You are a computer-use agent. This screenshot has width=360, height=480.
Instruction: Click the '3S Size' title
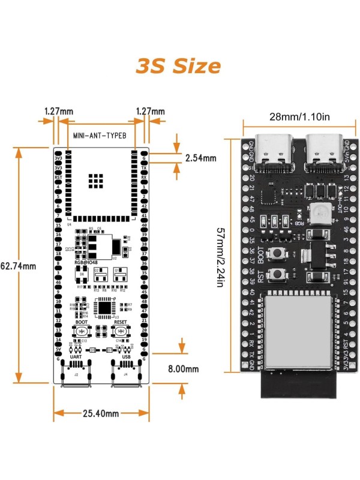click(178, 65)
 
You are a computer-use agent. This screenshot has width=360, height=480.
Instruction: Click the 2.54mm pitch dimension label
click(201, 158)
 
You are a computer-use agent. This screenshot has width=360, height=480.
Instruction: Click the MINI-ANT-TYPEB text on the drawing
click(100, 136)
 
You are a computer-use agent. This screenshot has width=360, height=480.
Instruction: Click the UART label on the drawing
click(76, 356)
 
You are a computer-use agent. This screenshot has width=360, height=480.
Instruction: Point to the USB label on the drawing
click(127, 356)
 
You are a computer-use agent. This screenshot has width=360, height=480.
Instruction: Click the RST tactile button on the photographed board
click(278, 275)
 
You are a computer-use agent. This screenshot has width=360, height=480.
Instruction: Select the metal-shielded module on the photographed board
click(297, 330)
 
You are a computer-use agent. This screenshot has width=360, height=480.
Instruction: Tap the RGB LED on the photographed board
click(317, 212)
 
